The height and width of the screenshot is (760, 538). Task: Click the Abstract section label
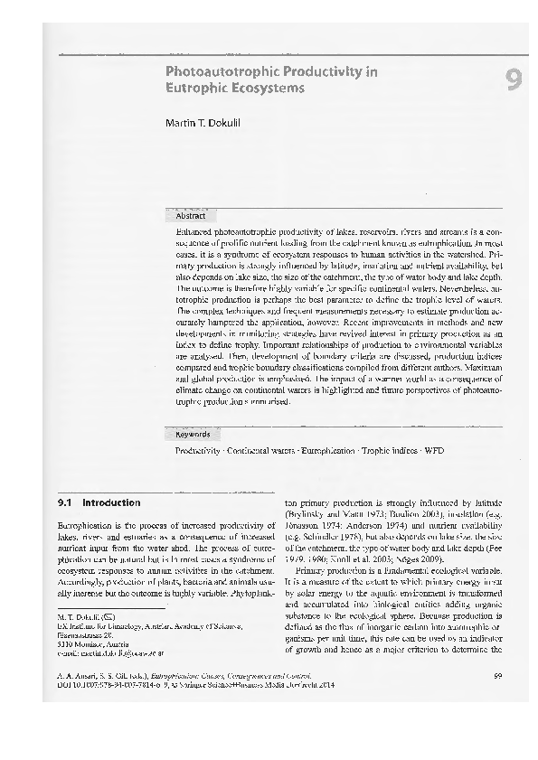191,217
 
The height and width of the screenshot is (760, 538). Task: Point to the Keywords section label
192,434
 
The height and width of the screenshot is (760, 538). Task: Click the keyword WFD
436,449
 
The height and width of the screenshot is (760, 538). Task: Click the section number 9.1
65,502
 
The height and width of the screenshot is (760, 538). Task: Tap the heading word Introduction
111,502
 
